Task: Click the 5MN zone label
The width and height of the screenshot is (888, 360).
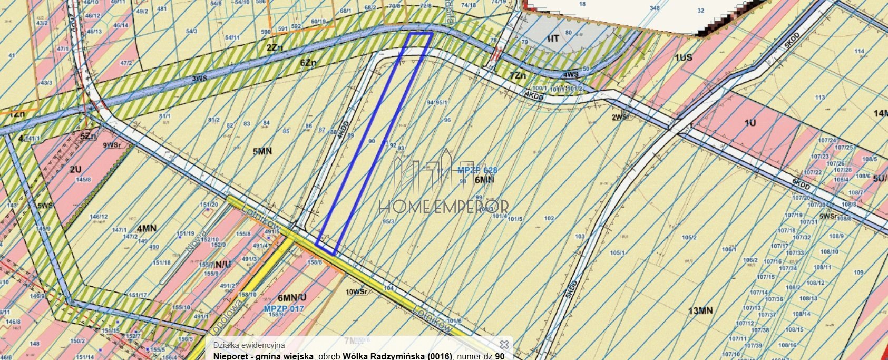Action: [x=262, y=151]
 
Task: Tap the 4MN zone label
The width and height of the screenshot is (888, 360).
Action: [x=147, y=228]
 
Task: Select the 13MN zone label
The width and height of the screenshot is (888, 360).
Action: [x=700, y=310]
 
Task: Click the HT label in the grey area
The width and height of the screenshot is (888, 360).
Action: [x=553, y=38]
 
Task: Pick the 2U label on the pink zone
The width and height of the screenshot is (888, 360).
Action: [x=75, y=169]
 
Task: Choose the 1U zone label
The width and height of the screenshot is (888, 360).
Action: [x=750, y=123]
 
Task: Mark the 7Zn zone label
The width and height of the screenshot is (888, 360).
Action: [x=518, y=75]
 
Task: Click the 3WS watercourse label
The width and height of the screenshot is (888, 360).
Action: [x=199, y=79]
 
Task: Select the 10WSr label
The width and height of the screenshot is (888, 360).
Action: [x=356, y=291]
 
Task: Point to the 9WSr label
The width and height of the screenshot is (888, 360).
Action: [x=111, y=145]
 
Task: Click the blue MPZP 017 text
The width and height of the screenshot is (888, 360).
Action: [x=284, y=308]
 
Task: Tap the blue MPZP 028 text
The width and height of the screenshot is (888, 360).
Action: [x=477, y=170]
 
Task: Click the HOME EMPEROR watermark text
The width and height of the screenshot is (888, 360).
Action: [x=443, y=206]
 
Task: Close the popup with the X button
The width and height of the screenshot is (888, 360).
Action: [x=504, y=344]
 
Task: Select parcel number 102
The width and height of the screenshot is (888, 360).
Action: [x=549, y=218]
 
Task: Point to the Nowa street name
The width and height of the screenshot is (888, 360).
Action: [x=197, y=244]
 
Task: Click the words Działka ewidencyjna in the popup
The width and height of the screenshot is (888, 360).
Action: [x=249, y=345]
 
